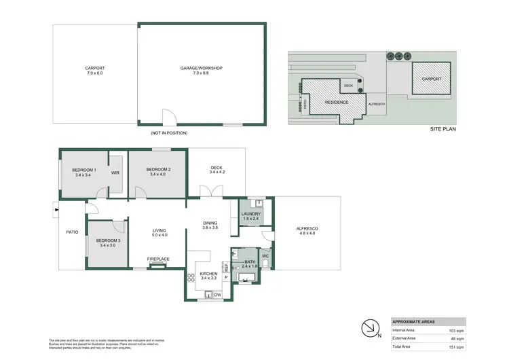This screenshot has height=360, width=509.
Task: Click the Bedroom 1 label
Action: (x=86, y=169)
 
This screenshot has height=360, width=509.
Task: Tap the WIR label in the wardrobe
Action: (x=115, y=172)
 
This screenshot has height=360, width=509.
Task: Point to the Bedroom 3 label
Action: (x=109, y=240)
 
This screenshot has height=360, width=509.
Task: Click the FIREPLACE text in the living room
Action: (x=158, y=259)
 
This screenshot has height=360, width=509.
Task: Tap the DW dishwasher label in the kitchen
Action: (x=216, y=295)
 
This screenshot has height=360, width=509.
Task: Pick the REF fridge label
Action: (x=226, y=267)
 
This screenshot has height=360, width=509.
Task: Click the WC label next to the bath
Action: (x=265, y=256)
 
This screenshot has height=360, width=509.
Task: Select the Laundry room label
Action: (x=251, y=214)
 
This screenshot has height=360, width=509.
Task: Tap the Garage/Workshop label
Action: (x=202, y=68)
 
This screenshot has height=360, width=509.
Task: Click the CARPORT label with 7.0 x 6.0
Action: (x=95, y=68)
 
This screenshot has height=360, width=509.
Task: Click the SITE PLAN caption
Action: (x=443, y=128)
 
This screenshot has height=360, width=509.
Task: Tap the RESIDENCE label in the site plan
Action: (x=336, y=102)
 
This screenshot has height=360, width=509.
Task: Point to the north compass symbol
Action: (x=370, y=328)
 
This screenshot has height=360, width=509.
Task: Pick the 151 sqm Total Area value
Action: (x=456, y=346)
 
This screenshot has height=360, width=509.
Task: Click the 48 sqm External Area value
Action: (x=457, y=338)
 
